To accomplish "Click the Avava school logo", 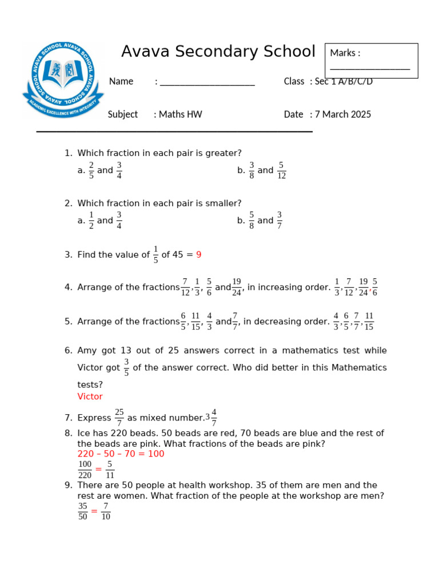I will pyautogui.click(x=63, y=79).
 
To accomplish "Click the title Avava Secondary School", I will pyautogui.click(x=218, y=52).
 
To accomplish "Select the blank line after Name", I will pyautogui.click(x=207, y=85).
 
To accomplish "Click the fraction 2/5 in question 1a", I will pyautogui.click(x=91, y=170).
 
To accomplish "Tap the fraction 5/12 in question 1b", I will pyautogui.click(x=281, y=170).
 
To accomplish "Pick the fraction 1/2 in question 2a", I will pyautogui.click(x=91, y=221).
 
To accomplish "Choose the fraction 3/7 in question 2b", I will pyautogui.click(x=280, y=221).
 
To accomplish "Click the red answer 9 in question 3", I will pyautogui.click(x=199, y=255).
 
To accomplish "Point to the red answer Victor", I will pyautogui.click(x=90, y=396).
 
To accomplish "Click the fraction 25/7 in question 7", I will pyautogui.click(x=119, y=418).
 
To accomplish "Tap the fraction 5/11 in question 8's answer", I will pyautogui.click(x=110, y=470).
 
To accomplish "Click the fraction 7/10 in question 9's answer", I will pyautogui.click(x=106, y=511).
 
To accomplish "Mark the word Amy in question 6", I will pyautogui.click(x=86, y=350).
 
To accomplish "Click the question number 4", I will pyautogui.click(x=68, y=287).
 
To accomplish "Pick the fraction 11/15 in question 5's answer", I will pyautogui.click(x=369, y=322).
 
